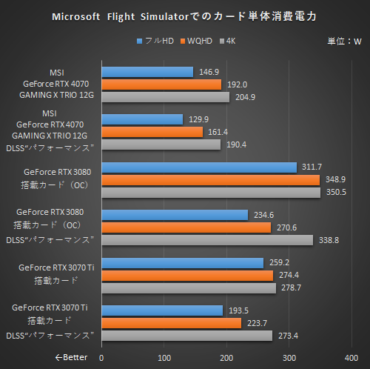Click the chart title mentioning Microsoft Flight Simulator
point(184,16)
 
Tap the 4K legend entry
point(236,40)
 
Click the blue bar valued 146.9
point(147,72)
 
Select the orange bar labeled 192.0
point(161,84)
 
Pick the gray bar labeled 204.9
point(165,96)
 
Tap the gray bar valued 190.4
point(161,144)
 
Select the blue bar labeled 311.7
point(198,167)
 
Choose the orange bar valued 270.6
point(186,227)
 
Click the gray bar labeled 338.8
point(207,239)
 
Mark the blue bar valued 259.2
point(182,263)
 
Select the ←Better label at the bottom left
point(71,357)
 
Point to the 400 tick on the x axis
point(352,357)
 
